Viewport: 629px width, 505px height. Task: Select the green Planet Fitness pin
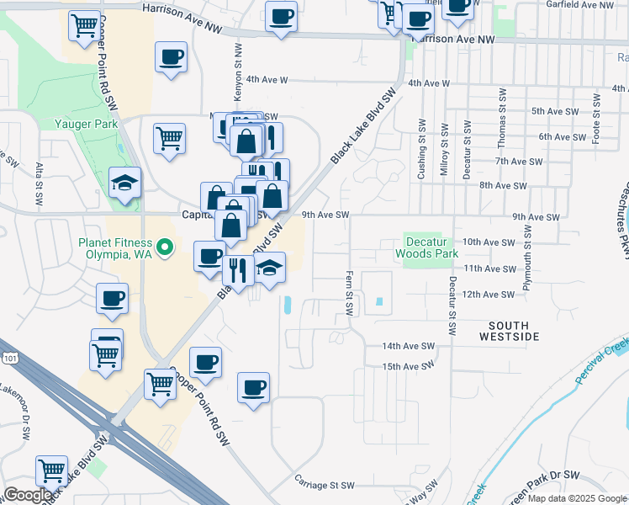[x=166, y=247]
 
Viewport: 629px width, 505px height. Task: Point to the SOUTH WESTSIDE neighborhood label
[x=509, y=331]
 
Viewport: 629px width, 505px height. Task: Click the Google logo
[x=28, y=495]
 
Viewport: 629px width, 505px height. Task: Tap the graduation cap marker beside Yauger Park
[x=124, y=184]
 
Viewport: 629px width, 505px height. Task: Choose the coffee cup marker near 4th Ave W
[x=171, y=58]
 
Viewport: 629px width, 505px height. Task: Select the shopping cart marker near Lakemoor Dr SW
[x=51, y=472]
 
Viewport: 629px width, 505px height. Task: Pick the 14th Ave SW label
[x=409, y=346]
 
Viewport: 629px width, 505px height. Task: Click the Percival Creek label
[x=602, y=361]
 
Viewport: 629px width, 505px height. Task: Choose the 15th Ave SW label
[x=409, y=367]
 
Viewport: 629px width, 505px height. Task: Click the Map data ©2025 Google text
[x=576, y=498]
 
